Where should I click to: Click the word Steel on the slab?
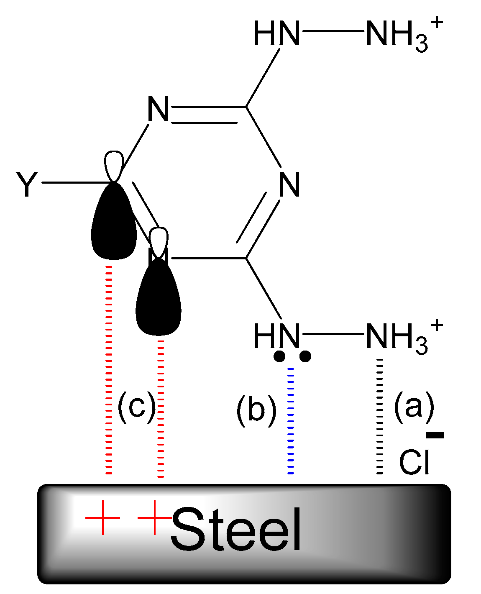click(x=236, y=530)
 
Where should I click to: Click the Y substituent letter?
click(x=27, y=185)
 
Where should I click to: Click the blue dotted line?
click(x=291, y=420)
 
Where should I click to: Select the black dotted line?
click(x=379, y=416)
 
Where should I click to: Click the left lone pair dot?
click(x=279, y=356)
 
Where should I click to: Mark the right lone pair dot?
click(x=305, y=356)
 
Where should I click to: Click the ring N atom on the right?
click(x=289, y=185)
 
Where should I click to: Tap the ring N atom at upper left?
click(x=158, y=110)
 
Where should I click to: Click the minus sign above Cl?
click(x=435, y=435)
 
